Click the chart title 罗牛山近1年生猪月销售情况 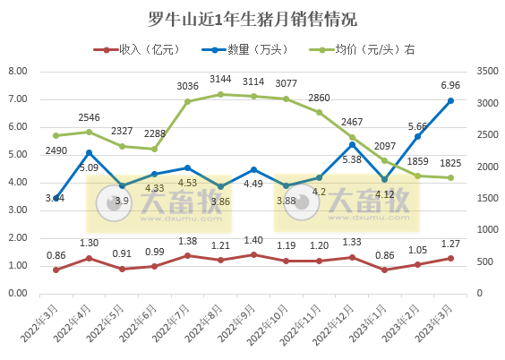(x=252, y=19)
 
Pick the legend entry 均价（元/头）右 (x=365, y=50)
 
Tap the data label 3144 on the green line (x=220, y=79)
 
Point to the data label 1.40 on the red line (x=253, y=241)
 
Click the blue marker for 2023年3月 (x=450, y=100)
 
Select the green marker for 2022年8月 (x=220, y=94)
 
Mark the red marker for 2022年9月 (x=253, y=254)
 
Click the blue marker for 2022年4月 (x=89, y=152)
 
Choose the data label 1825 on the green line (x=450, y=163)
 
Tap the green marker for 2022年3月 (x=56, y=135)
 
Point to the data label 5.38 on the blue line (x=352, y=159)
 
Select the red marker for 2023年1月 (x=384, y=270)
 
